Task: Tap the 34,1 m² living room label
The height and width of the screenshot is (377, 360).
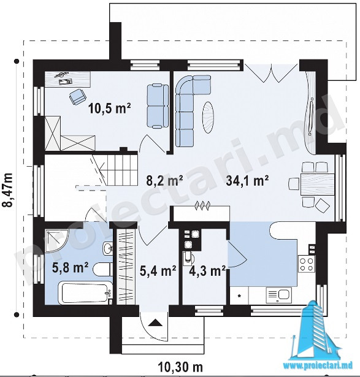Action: (247, 181)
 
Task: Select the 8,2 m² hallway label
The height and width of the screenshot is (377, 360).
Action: (165, 181)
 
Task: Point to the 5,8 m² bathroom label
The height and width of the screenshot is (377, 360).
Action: (70, 268)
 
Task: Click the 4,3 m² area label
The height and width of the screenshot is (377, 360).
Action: (207, 271)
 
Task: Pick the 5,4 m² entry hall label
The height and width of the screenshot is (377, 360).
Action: (158, 271)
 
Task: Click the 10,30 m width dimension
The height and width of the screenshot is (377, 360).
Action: (180, 367)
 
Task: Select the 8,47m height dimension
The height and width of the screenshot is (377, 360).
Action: (7, 189)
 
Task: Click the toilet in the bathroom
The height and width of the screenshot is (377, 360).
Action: (102, 270)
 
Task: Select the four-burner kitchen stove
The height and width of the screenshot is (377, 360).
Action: (307, 264)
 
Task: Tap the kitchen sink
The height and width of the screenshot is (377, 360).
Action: (279, 295)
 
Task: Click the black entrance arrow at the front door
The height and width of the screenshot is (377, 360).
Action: (155, 322)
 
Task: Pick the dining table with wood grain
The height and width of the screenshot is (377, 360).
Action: (318, 184)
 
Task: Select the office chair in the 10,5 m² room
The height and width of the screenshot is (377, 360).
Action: (78, 97)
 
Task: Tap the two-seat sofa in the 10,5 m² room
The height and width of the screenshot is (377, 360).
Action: (158, 106)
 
